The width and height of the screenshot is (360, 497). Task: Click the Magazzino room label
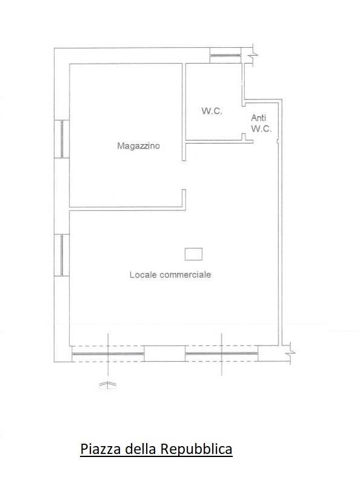[139, 146]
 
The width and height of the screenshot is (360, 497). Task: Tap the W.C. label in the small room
[212, 111]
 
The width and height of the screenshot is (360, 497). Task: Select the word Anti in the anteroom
[259, 118]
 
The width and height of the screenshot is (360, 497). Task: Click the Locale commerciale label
[170, 275]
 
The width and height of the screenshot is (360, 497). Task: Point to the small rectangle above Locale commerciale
[193, 254]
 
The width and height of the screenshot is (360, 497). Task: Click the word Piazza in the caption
[101, 449]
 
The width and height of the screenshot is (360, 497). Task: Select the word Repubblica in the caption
[196, 449]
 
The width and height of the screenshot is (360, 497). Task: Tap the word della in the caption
[140, 449]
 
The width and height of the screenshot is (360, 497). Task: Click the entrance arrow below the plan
[108, 384]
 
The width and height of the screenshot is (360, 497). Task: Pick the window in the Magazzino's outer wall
[62, 139]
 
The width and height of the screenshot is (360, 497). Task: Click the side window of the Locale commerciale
[62, 255]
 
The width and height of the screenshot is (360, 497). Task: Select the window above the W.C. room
[225, 56]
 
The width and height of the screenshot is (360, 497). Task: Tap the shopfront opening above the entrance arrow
[108, 353]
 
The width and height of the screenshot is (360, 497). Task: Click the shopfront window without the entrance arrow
[221, 353]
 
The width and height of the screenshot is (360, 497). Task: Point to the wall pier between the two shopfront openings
[165, 353]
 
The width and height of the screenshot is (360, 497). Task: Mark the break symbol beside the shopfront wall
[290, 353]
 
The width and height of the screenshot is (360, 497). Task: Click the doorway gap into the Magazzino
[184, 175]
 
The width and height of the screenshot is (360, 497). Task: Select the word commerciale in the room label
[185, 275]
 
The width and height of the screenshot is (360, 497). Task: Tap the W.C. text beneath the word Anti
[261, 128]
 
